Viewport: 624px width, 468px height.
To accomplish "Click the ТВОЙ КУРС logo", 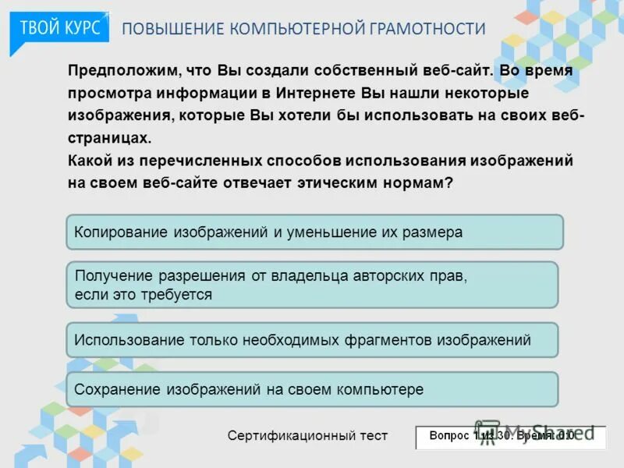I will coord(59,27).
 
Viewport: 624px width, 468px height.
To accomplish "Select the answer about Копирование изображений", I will coord(314,232).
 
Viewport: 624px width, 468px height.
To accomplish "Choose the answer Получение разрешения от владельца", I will coord(312,285).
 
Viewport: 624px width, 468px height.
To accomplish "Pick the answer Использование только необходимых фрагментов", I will coord(312,340).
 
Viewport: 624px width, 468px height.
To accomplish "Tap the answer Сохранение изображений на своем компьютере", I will coord(312,389).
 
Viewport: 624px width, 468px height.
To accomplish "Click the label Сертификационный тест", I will coord(307,436).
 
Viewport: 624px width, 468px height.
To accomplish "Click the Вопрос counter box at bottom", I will coord(510,436).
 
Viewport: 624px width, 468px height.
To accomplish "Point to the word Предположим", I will coord(122,70).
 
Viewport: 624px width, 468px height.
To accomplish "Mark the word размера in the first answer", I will coord(434,232).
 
